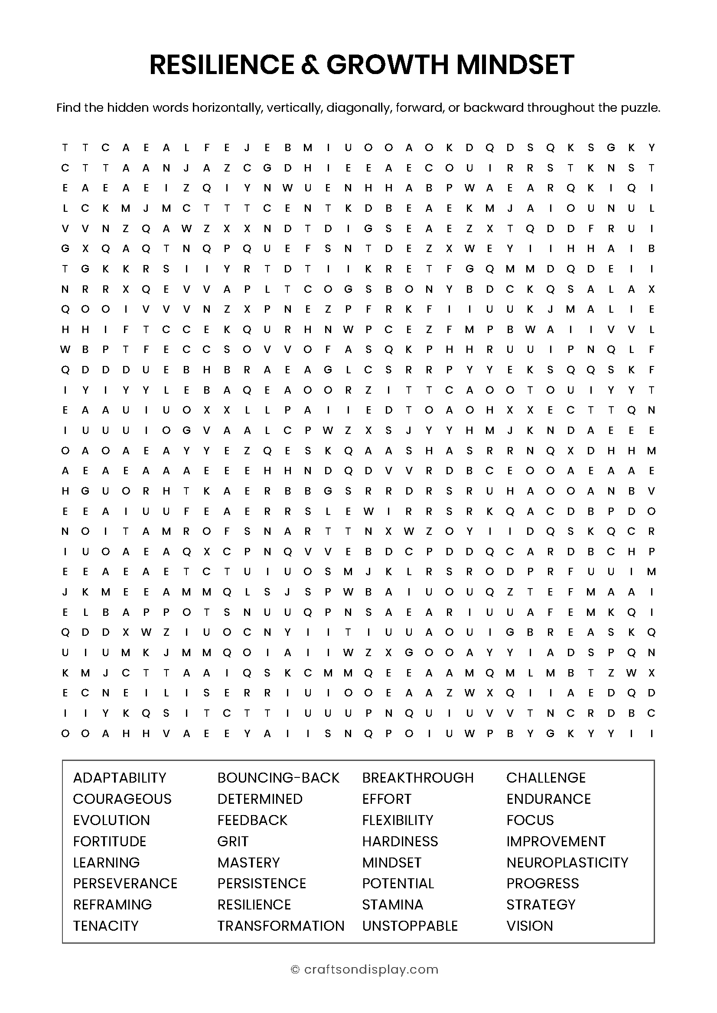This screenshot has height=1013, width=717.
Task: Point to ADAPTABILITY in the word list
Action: coord(120,777)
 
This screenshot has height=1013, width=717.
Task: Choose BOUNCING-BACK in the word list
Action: coord(278,777)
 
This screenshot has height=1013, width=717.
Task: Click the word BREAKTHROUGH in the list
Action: coord(417,777)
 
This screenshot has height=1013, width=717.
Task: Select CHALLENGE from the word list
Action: coord(546,777)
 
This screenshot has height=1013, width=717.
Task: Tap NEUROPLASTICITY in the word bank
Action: coord(567,862)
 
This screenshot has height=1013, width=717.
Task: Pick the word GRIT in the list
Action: coord(233,841)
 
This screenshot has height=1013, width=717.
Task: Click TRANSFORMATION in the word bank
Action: coord(280,926)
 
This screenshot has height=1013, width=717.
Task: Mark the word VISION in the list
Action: coord(529,926)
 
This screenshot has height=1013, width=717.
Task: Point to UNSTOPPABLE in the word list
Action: coord(410,926)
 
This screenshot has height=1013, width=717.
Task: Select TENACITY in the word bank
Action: coord(105,926)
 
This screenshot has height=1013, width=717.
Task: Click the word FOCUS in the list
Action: coord(530,820)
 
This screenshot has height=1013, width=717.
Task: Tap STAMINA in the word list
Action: coord(392,904)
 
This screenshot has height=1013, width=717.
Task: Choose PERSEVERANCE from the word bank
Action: coord(125,883)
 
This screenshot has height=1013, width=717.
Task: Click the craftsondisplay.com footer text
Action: coord(371,969)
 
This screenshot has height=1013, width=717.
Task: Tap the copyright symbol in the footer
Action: coord(295,969)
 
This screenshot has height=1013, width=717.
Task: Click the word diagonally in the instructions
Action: coord(358,108)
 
